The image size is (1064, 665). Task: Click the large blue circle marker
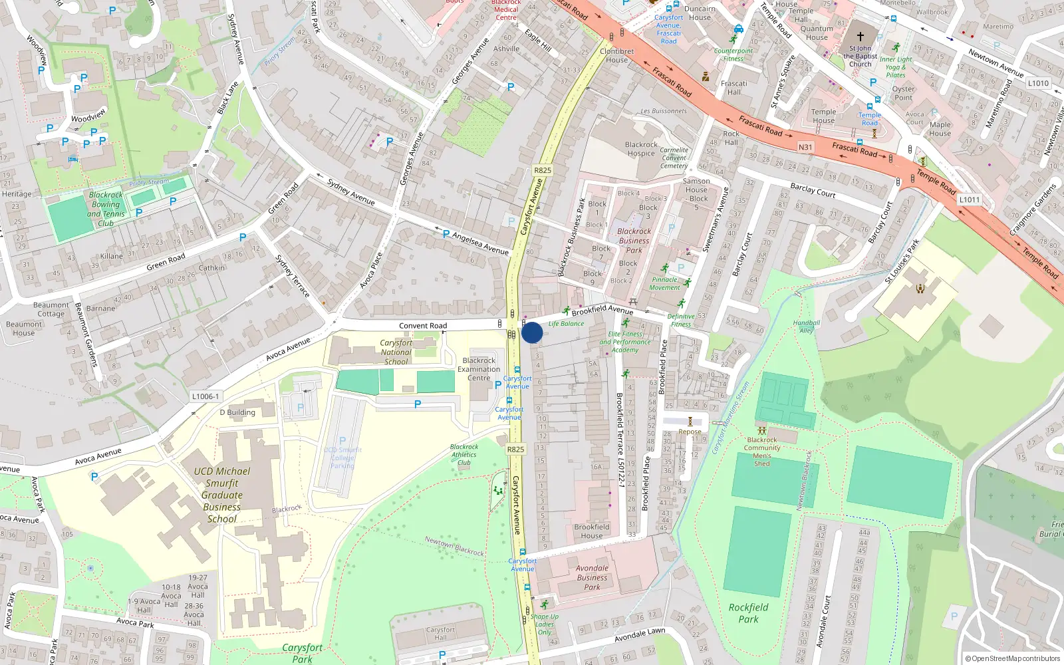point(532,332)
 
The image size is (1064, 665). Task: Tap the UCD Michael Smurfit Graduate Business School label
point(222,495)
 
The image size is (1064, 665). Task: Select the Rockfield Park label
point(748,612)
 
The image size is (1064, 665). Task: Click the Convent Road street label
point(423,326)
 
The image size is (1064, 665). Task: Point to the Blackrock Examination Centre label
point(479,369)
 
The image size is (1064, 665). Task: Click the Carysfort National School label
point(396,352)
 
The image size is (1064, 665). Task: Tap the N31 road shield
point(805,147)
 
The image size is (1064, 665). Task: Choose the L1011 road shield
point(969,199)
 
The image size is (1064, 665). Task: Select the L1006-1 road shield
point(205,396)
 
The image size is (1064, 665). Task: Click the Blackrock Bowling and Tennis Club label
point(106,209)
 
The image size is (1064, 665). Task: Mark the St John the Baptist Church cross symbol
point(860,37)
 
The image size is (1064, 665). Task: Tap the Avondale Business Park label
point(592,577)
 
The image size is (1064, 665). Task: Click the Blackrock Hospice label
point(641,149)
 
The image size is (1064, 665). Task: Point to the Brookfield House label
point(591,531)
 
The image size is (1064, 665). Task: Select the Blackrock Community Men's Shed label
point(762,452)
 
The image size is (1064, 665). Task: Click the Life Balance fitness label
point(566,324)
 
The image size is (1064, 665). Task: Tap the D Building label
point(237,412)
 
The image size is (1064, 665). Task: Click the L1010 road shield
point(1038,83)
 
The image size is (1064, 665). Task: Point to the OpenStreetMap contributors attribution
point(1012,658)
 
